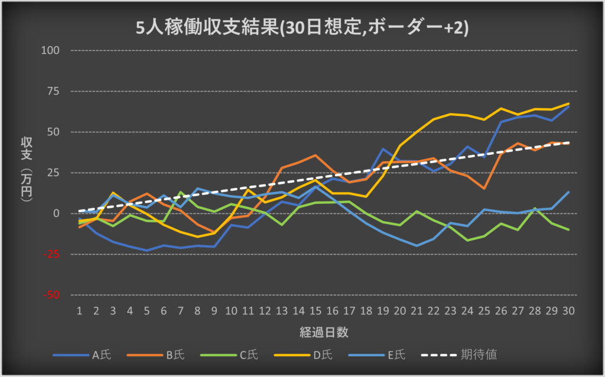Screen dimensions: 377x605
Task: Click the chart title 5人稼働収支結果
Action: [302, 28]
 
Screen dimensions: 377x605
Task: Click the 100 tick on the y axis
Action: [51, 50]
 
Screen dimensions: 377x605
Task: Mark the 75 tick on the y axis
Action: [54, 91]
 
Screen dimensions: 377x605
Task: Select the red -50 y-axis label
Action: [53, 295]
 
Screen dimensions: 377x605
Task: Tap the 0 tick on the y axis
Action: [57, 213]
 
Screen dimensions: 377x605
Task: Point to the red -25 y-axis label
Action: [53, 254]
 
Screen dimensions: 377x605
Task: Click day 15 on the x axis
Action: [315, 310]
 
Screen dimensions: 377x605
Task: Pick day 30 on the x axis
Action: [568, 310]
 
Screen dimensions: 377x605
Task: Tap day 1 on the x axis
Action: [80, 310]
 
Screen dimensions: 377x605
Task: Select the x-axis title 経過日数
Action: [323, 332]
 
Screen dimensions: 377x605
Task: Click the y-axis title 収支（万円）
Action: [27, 171]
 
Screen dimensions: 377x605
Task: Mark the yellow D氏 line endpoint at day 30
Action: [568, 104]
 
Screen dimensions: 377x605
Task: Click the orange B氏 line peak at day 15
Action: [315, 155]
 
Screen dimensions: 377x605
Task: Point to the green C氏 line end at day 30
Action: [568, 229]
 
